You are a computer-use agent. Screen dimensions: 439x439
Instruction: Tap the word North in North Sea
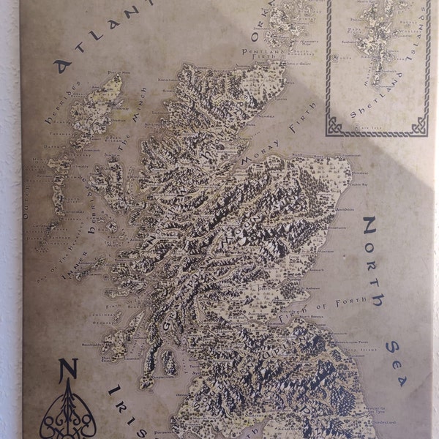tap(372, 260)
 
